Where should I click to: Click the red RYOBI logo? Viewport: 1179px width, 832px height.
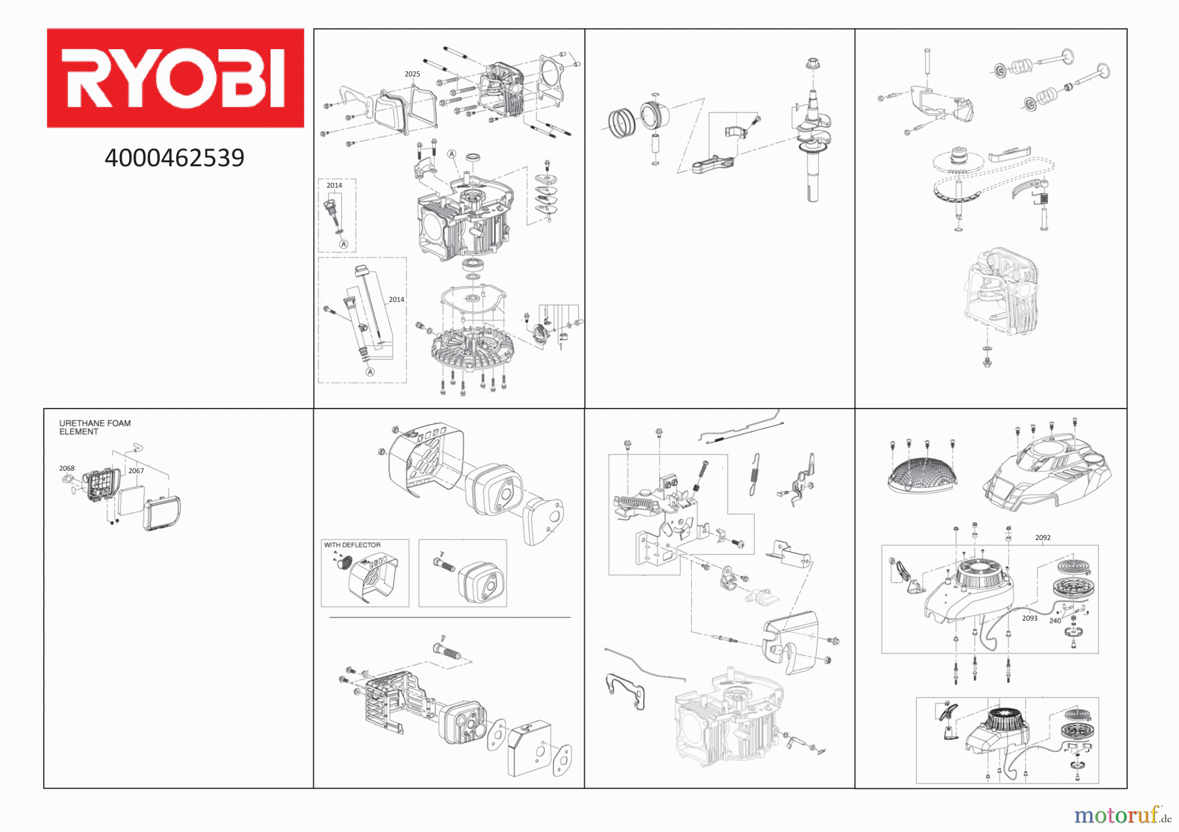[x=175, y=78]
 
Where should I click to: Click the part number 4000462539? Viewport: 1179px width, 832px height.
[x=174, y=158]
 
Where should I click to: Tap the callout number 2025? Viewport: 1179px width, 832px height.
[x=412, y=74]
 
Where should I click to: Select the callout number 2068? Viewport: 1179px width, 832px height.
[x=67, y=468]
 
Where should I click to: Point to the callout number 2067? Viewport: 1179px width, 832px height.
[x=136, y=471]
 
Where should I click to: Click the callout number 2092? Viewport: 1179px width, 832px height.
[x=1043, y=537]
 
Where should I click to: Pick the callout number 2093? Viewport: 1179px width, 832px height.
[x=1030, y=618]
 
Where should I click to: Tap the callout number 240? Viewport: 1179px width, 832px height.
[x=1055, y=621]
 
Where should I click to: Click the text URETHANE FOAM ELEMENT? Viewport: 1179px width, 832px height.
[x=95, y=427]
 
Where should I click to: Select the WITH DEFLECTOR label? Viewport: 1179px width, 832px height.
[x=352, y=545]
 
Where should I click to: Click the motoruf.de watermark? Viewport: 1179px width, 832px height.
[x=1123, y=815]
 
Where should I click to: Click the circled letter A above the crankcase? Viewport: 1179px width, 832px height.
[x=451, y=154]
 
